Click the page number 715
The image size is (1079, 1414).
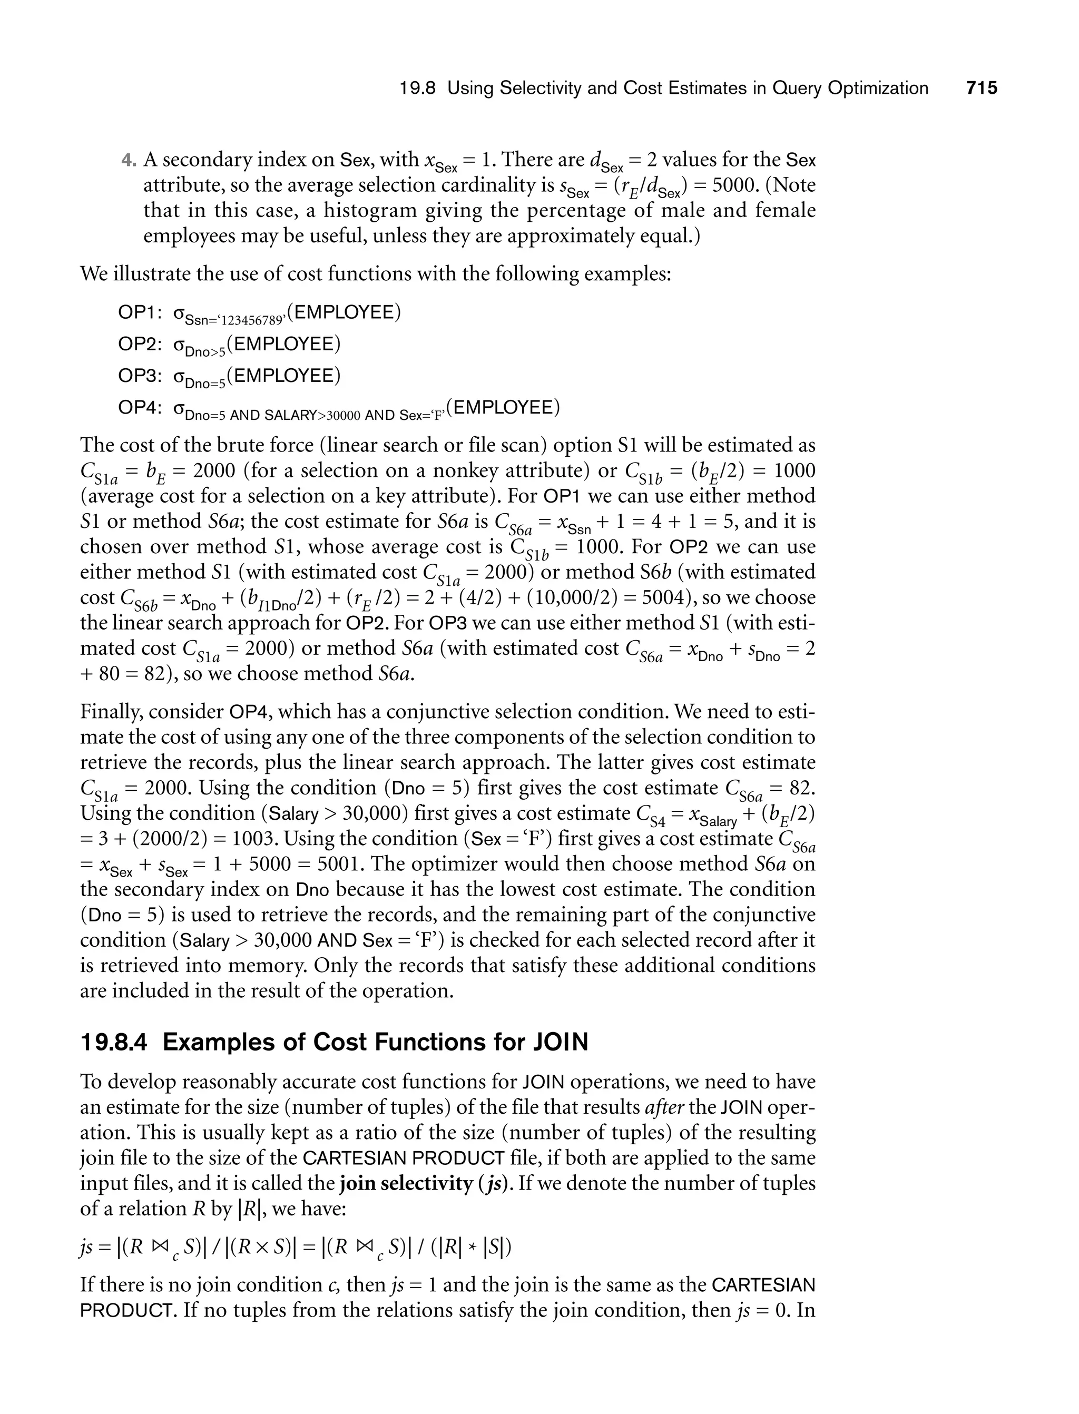click(982, 88)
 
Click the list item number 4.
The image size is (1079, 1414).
click(127, 160)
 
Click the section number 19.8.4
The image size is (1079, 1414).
click(114, 1042)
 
